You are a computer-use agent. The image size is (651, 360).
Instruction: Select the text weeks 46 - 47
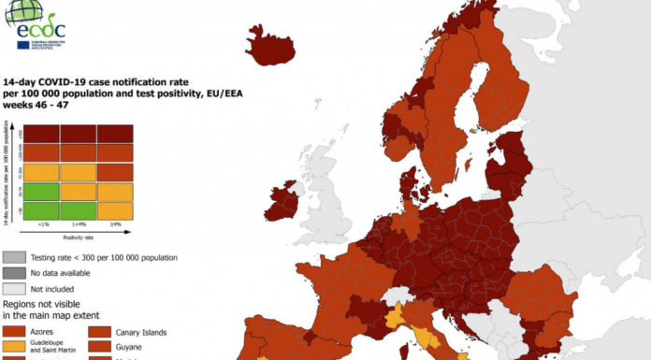pos(35,108)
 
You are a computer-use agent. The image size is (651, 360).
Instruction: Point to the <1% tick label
pos(42,224)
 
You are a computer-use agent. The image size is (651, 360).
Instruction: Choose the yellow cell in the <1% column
pos(42,172)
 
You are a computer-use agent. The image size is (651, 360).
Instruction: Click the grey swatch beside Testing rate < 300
pos(14,257)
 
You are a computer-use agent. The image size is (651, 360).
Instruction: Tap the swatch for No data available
pos(14,273)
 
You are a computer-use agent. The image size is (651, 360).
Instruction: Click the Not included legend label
pos(55,289)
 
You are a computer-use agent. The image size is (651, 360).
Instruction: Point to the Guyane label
pos(132,347)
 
